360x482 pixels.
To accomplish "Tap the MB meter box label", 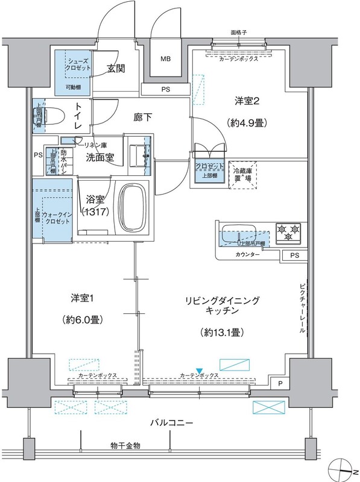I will (x=165, y=60).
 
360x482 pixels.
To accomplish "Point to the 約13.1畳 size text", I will (x=216, y=332).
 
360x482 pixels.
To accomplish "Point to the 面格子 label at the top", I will (x=240, y=33).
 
